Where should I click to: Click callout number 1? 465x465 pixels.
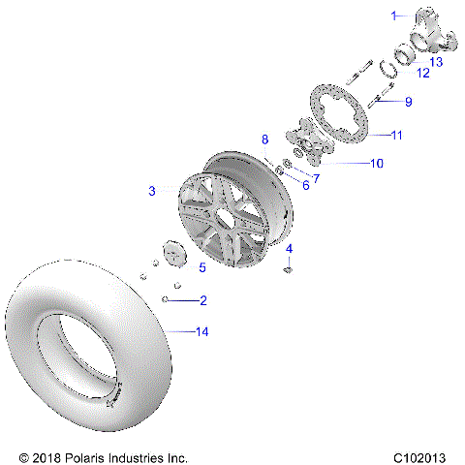[x=394, y=15]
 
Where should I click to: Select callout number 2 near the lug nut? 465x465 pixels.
[x=202, y=300]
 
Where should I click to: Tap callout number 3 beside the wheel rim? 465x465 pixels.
[x=151, y=192]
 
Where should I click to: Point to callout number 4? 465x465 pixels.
[x=289, y=249]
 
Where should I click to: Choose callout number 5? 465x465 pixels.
[x=201, y=267]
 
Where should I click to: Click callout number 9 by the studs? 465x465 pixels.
[x=408, y=102]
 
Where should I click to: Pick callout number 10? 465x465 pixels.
[x=376, y=164]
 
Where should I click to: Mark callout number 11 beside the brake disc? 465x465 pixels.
[x=396, y=135]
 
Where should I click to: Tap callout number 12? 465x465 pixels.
[x=422, y=74]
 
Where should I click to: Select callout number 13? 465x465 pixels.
[x=437, y=61]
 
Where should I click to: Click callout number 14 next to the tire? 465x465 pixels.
[x=201, y=332]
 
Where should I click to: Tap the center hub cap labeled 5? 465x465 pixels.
[x=175, y=256]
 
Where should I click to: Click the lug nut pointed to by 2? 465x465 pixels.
[x=168, y=300]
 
